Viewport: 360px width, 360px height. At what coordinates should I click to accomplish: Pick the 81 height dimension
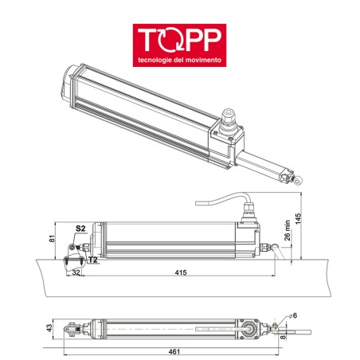pyautogui.click(x=52, y=238)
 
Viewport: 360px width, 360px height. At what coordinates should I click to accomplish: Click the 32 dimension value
pyautogui.click(x=76, y=272)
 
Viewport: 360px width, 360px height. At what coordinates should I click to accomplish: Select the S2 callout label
pyautogui.click(x=80, y=229)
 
